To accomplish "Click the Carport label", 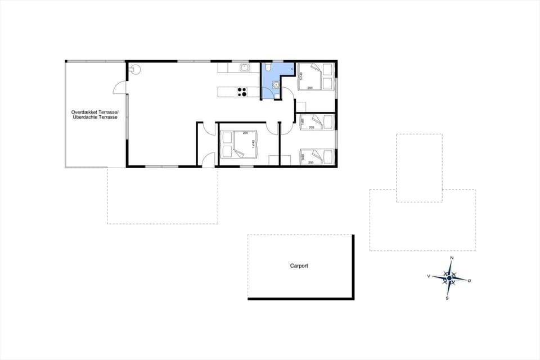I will (x=299, y=266).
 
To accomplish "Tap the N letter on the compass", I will (x=451, y=258).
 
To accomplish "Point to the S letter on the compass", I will (x=447, y=298).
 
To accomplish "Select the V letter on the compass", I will (x=429, y=276).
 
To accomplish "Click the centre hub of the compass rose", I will (x=449, y=278).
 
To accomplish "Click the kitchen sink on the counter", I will (x=245, y=68).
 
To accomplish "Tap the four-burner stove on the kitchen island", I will (x=242, y=91).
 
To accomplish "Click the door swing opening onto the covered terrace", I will (x=119, y=87).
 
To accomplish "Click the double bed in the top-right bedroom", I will (x=316, y=76).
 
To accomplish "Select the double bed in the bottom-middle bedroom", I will (x=237, y=144).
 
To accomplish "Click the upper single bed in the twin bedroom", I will (x=316, y=122).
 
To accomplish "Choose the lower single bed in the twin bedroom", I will (x=316, y=156).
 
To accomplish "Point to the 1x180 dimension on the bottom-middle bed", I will (x=253, y=144).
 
